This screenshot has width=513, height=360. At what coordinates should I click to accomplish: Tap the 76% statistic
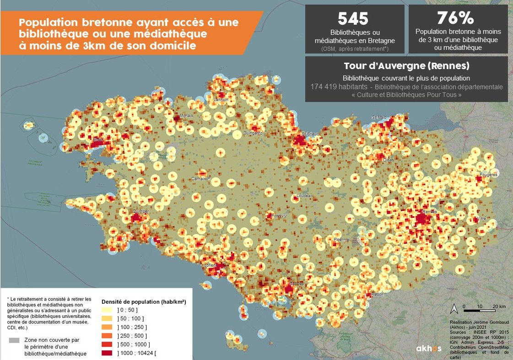pos(455,19)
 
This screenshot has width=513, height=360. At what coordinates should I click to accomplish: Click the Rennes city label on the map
pos(430,211)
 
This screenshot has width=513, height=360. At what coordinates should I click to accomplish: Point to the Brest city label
pos(98,139)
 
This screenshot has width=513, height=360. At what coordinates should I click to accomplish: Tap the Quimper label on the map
pos(140,211)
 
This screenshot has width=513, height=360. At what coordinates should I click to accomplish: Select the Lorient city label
pos(211,265)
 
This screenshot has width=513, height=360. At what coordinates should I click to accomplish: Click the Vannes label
pos(296,284)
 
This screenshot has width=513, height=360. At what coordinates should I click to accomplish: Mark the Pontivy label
pos(278,216)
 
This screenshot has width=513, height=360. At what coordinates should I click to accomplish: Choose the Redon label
pos(378,295)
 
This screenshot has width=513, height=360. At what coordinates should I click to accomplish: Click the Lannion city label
pos(221,100)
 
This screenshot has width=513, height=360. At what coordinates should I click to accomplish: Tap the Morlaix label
pos(187,116)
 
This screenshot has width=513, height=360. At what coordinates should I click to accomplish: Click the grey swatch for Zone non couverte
pos(15,340)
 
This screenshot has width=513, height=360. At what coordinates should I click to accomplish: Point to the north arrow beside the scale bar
pos(454,307)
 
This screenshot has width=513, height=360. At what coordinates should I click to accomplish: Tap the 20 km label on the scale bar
pos(498,306)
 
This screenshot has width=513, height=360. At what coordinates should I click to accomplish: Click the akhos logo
pos(428,349)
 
